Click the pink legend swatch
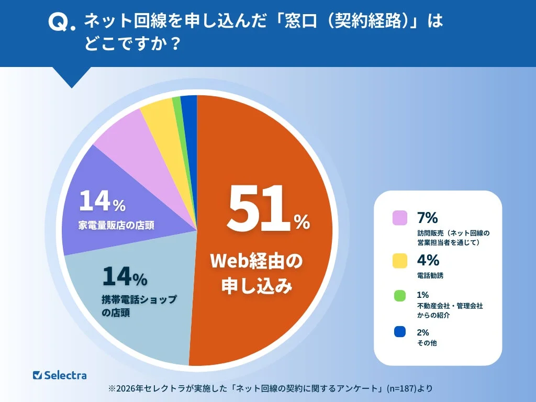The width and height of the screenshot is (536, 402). click(400, 217)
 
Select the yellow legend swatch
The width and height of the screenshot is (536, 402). click(400, 260)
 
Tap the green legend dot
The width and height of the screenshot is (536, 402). click(400, 295)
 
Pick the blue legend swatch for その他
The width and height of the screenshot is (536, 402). click(400, 331)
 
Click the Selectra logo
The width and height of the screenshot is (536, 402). click(60, 375)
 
